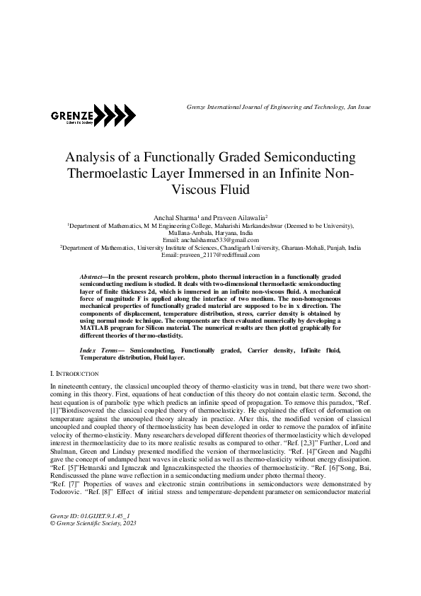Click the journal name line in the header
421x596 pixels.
pos(278,107)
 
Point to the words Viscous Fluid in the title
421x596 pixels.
pos(212,189)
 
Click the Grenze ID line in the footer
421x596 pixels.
pos(91,518)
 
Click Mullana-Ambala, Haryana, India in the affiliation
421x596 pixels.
pos(211,233)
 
